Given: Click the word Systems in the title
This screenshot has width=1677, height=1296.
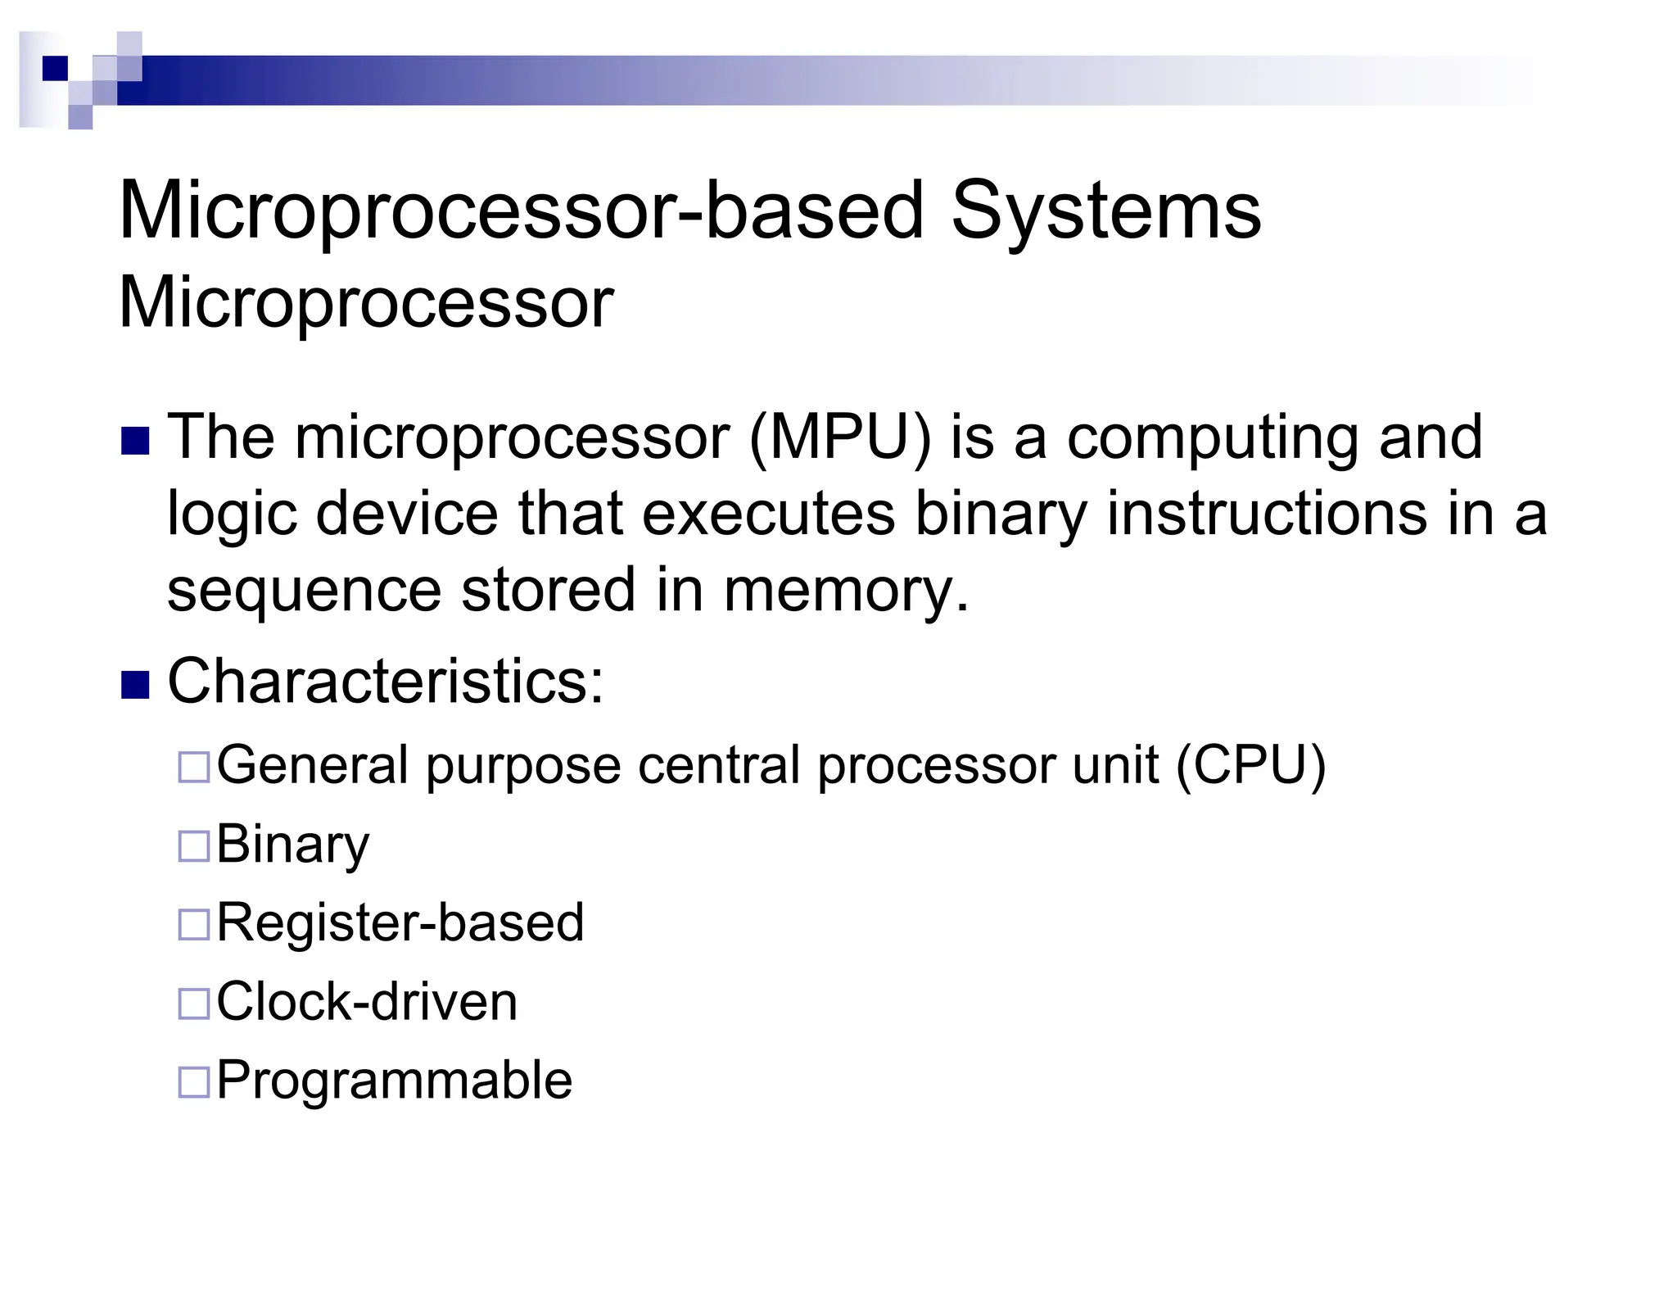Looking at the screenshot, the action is tap(1105, 211).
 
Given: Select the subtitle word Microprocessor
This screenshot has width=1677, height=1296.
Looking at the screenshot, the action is tap(366, 303).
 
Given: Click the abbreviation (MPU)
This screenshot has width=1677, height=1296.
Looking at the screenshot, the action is tap(839, 437).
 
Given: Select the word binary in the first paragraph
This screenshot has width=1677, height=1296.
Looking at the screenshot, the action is tap(1001, 516).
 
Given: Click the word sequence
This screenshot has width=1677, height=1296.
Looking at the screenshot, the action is tap(304, 591).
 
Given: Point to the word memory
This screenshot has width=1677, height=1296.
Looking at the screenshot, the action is tap(846, 591).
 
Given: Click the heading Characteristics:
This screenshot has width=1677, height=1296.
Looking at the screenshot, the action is tap(386, 681).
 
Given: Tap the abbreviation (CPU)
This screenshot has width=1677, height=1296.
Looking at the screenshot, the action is tap(1250, 766).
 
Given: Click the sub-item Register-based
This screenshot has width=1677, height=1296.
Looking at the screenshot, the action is tap(400, 922).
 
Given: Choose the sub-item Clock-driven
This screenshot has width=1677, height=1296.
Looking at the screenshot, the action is tap(367, 1001).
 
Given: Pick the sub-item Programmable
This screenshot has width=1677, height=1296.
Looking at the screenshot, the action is tap(394, 1081).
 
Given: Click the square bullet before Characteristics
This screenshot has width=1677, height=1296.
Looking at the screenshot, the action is tap(135, 684).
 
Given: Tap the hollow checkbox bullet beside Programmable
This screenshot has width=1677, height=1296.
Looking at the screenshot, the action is tap(194, 1082).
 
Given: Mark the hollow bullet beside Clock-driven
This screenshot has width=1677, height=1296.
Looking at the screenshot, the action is tap(194, 1004).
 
